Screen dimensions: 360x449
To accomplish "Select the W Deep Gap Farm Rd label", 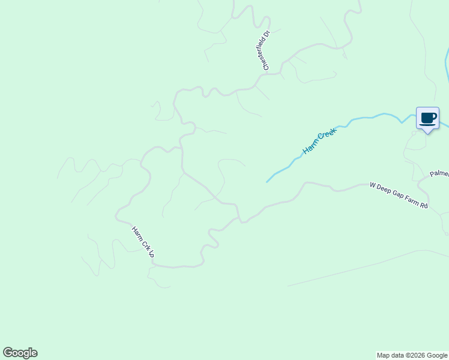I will point(399,196).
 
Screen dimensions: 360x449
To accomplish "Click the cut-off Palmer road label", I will point(439,173).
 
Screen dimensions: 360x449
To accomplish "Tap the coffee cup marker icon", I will point(427,118).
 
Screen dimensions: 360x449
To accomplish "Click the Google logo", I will point(20,353).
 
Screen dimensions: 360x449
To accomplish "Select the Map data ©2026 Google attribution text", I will point(412,355).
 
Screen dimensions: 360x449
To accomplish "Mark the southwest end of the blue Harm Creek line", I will point(267,182).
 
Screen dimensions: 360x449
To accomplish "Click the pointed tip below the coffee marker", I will point(427,133).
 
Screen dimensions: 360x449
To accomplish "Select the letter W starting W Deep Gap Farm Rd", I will point(372,187).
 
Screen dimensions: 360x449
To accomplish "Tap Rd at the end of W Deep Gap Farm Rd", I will point(423,206).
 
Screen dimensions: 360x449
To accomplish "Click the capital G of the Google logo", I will point(8,353).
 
